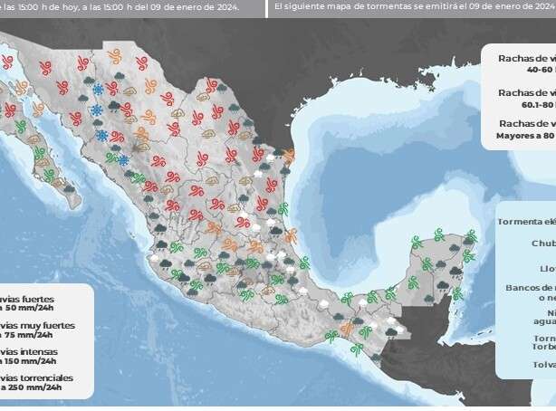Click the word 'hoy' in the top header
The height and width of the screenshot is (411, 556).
tap(87, 7)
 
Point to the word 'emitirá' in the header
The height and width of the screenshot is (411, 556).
tap(438, 7)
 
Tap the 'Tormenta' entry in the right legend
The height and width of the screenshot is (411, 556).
tap(524, 221)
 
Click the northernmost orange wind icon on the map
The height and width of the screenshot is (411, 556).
tap(115, 54)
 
